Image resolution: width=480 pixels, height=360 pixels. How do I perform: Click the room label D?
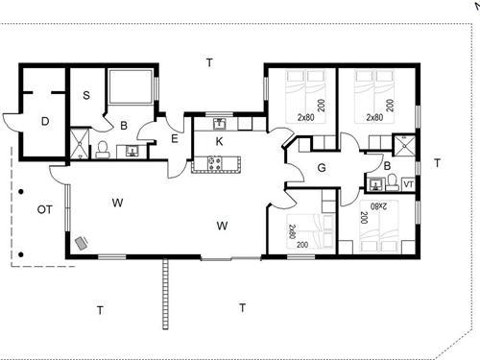coord(45,122)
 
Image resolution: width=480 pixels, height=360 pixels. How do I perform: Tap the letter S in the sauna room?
coord(86,95)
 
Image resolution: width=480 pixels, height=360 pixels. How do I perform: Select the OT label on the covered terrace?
coord(44,209)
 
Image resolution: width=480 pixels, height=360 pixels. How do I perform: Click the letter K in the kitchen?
coord(219,141)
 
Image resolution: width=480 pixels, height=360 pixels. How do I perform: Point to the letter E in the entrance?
coord(175,139)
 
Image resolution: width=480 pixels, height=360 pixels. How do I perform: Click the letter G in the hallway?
coord(322,167)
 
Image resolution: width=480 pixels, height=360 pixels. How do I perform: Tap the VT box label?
coord(408,184)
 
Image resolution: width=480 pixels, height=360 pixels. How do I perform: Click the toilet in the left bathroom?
coord(103,150)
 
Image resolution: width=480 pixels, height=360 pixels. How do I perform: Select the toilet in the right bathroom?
coord(391,182)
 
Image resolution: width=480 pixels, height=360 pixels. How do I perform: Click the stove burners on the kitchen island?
coord(214,163)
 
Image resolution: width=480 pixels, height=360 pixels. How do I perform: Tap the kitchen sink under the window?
coord(220,124)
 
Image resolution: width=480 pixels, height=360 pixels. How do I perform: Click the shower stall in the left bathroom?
coord(79,143)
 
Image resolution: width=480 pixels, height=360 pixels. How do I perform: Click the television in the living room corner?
coord(82,243)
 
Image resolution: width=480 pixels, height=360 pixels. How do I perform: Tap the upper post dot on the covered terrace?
coord(21,192)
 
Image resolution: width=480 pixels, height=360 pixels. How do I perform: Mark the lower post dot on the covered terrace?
coord(21,254)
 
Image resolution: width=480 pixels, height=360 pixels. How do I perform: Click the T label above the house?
coord(209,62)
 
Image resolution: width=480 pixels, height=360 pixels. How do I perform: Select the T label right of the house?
coord(437,163)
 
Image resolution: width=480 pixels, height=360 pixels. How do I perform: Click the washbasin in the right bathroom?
coord(375,184)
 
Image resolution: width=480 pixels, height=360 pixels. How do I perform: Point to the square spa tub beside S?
coord(131,86)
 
